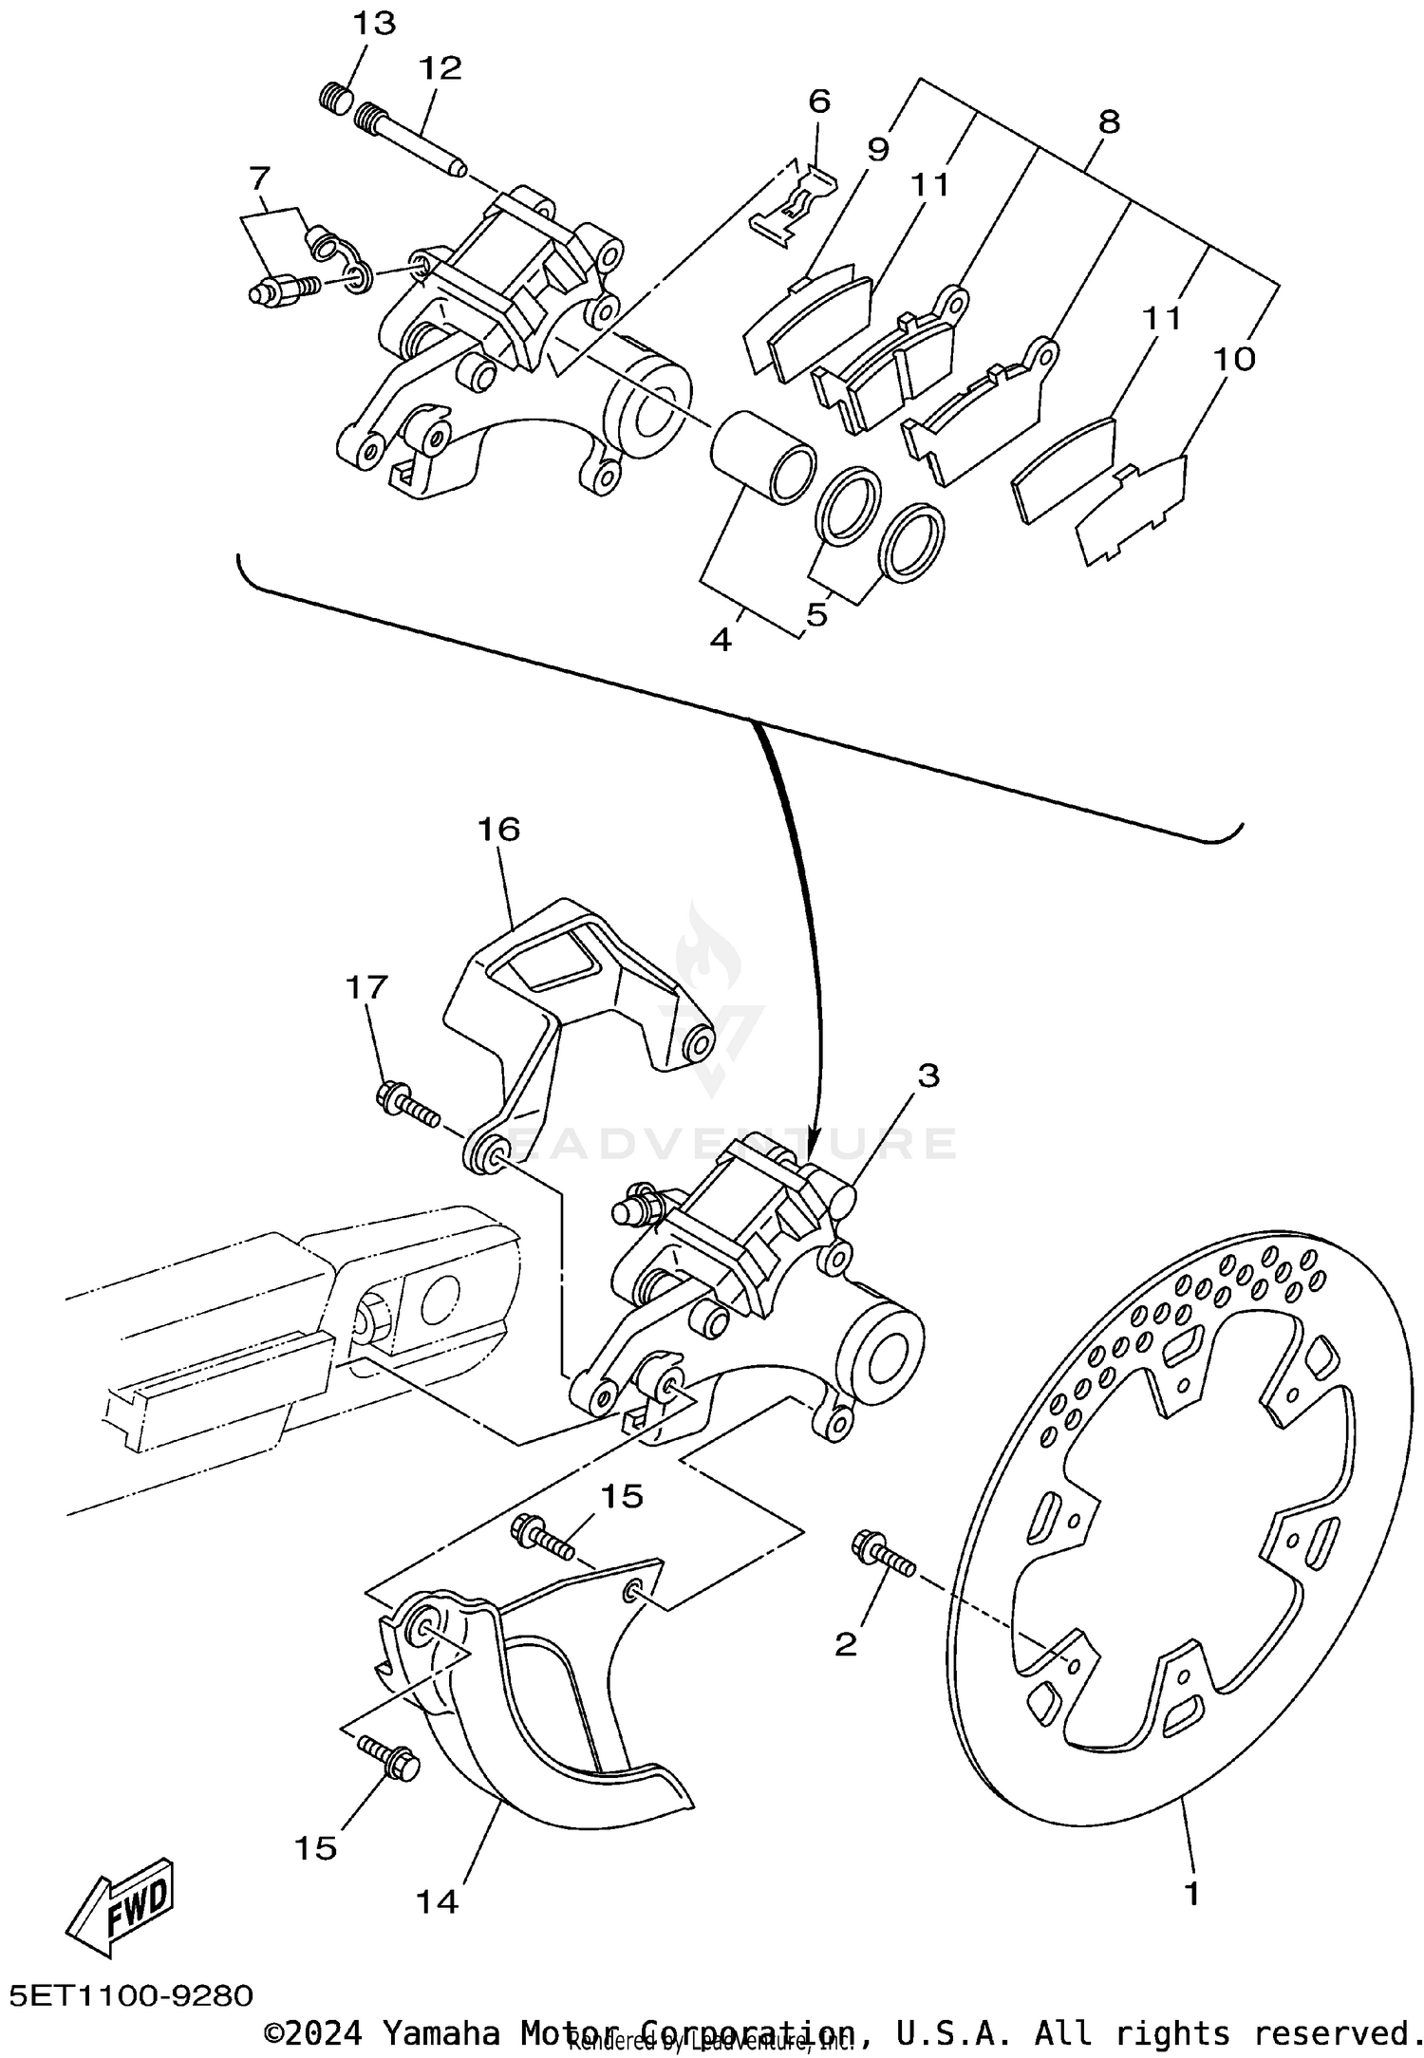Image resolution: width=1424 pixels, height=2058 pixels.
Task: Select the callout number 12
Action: [x=440, y=67]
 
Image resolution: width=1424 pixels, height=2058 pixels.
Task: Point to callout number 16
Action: [x=499, y=830]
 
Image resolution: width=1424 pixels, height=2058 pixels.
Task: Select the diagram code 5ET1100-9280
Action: [x=132, y=1993]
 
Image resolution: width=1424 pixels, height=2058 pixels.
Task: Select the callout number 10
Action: [x=1234, y=358]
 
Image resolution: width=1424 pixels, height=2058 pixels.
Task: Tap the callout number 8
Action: [x=1108, y=122]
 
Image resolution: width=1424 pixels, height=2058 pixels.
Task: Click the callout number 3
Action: [x=927, y=1076]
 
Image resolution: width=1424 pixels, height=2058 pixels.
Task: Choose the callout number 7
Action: [x=259, y=177]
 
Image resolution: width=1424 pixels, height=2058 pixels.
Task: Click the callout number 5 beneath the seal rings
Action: [x=816, y=614]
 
